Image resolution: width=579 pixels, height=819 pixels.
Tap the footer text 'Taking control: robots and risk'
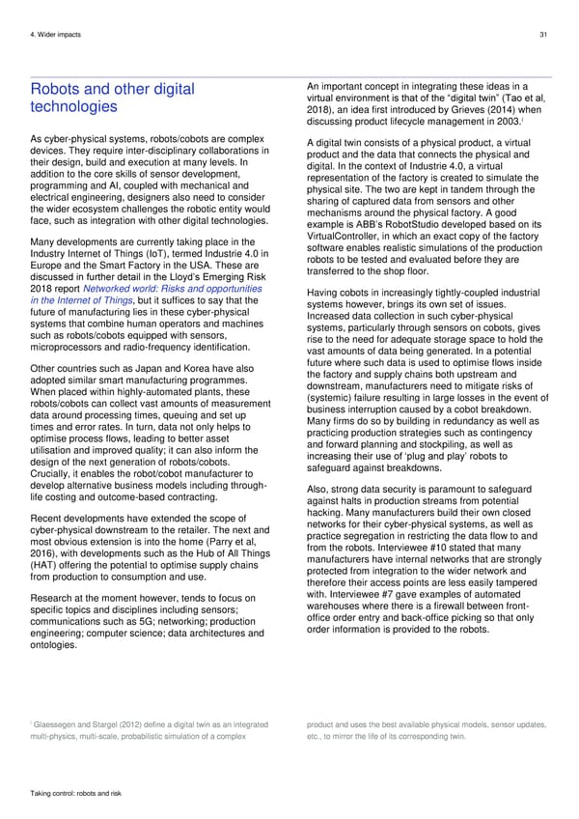[74, 792]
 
